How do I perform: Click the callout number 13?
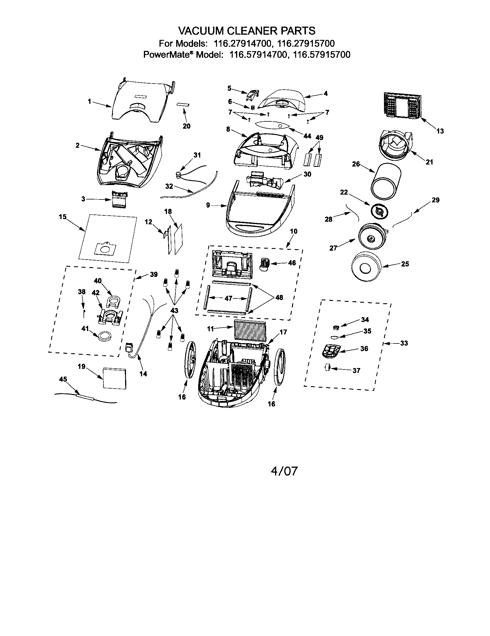point(440,131)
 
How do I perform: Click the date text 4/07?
point(284,471)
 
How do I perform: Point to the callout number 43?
point(174,311)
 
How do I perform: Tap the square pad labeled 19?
point(115,378)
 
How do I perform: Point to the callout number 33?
point(404,343)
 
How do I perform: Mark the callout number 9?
point(208,205)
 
